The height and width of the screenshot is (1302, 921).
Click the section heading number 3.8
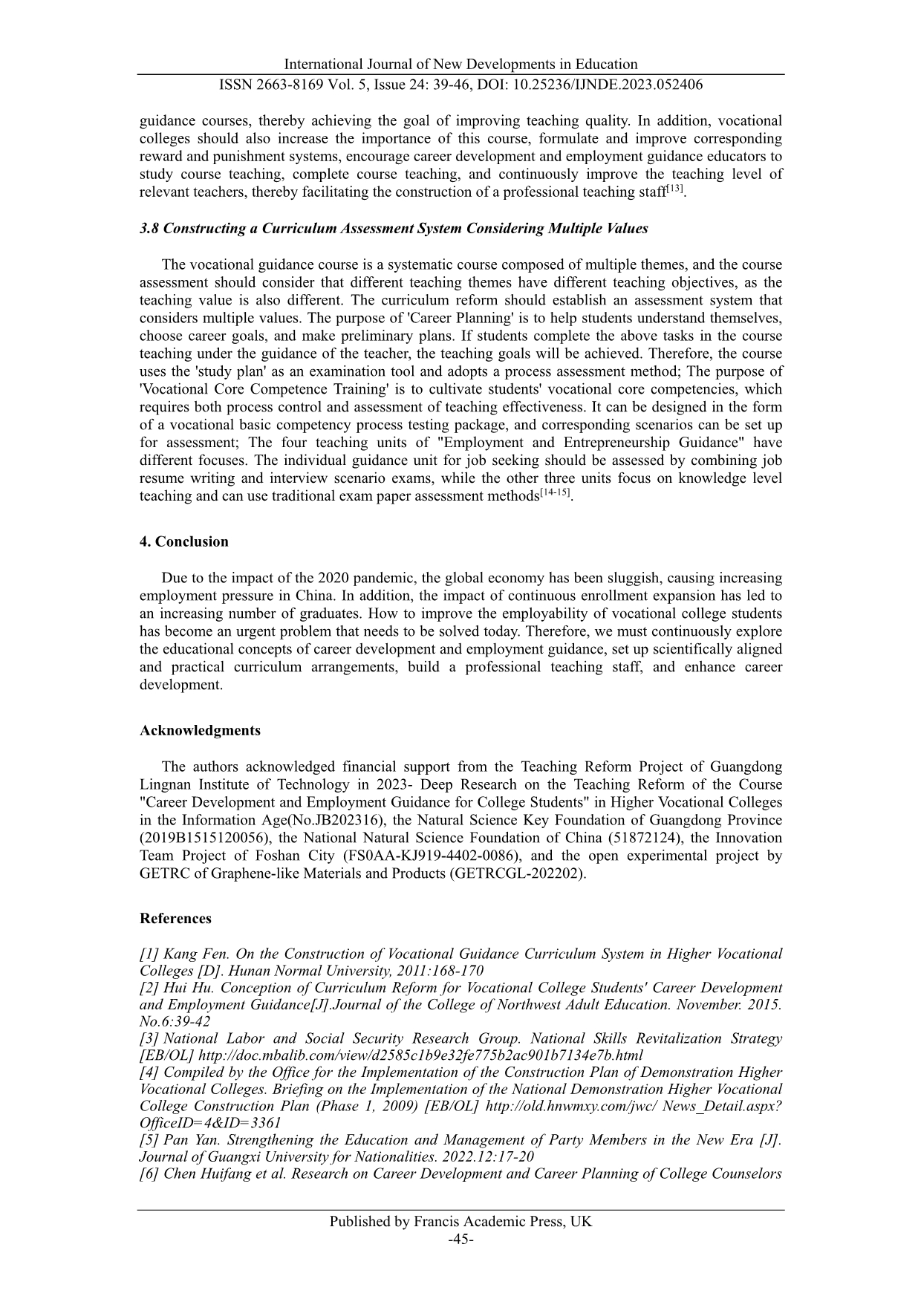(149, 229)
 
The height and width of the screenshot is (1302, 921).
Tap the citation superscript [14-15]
(555, 493)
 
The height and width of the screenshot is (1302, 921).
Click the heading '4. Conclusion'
(184, 541)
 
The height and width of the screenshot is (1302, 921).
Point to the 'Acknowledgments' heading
(200, 730)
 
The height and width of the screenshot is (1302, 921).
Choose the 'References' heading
(175, 919)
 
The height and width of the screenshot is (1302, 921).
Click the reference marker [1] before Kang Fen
(149, 954)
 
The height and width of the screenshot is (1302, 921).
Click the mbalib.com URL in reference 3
(421, 1055)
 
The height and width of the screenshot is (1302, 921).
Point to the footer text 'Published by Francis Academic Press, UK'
(461, 1222)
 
